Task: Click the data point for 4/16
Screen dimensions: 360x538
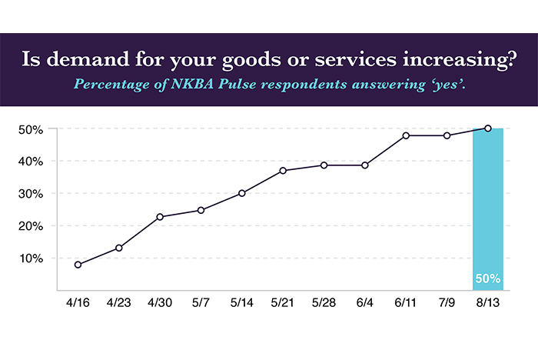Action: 78,265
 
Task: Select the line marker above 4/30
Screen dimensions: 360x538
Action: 160,217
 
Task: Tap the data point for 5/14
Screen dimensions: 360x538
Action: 242,193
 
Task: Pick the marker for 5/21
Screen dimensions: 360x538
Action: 283,170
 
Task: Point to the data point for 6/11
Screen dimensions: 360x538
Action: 406,135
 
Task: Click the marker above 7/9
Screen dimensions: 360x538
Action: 447,135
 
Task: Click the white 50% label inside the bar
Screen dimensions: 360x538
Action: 488,278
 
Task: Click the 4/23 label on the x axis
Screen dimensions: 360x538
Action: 119,305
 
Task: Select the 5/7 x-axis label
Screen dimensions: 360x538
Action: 201,305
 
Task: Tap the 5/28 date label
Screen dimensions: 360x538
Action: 324,305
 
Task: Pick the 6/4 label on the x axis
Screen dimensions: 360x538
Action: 365,305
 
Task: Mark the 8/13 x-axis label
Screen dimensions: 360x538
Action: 488,305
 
